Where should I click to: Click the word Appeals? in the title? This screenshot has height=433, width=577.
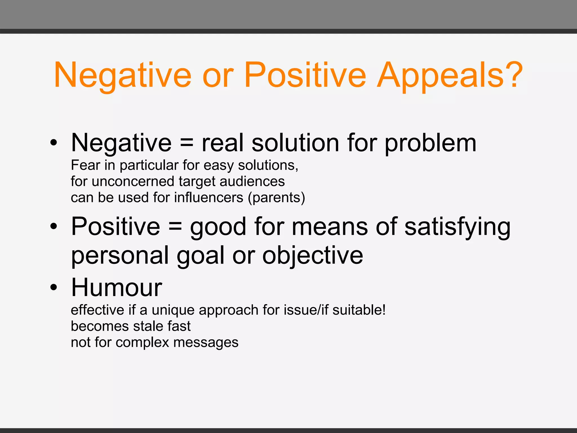(450, 76)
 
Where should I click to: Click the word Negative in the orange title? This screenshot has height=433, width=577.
(123, 76)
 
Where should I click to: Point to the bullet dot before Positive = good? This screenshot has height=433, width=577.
(54, 226)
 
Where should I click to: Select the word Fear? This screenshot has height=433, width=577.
(85, 165)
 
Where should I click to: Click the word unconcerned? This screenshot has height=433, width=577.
(133, 181)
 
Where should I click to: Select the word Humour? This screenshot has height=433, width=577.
(117, 288)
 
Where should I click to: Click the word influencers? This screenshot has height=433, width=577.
(208, 198)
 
